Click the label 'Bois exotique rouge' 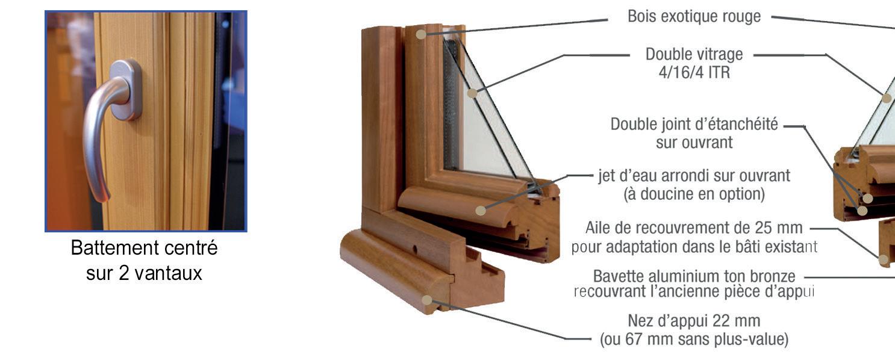tap(694, 17)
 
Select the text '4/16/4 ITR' tap(693, 72)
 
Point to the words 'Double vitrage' tap(694, 54)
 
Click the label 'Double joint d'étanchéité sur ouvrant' tap(694, 133)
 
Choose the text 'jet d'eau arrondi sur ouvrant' tap(694, 176)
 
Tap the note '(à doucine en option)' tap(694, 194)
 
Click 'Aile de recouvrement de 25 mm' tap(694, 228)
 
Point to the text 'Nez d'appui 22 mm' tap(694, 321)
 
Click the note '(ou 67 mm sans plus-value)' tap(694, 339)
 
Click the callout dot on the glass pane tap(472, 93)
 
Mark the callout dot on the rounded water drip tap(480, 210)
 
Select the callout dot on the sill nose tap(427, 300)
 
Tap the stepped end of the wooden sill tap(479, 283)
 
